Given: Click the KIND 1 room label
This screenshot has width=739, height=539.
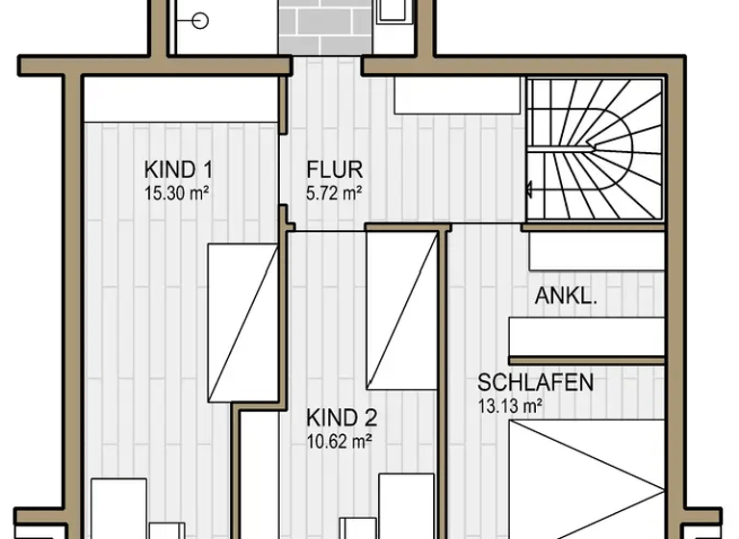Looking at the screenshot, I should pos(178,170).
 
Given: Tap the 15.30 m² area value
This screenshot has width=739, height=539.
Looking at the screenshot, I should pos(177,192).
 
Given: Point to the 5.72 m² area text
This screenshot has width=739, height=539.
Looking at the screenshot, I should pos(334,192).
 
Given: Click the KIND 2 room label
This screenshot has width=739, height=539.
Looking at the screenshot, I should pos(342,418).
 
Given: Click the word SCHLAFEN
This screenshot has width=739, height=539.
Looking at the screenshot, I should pos(535,382).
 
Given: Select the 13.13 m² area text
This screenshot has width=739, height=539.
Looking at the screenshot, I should pos(510,405).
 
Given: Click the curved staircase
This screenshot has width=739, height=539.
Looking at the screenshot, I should pos(594,149).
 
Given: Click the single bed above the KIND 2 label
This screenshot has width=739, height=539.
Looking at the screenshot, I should pos(401,311).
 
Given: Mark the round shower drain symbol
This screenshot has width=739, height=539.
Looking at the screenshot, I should pos(201,19).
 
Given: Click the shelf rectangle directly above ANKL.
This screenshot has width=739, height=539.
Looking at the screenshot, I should pos(597,252).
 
